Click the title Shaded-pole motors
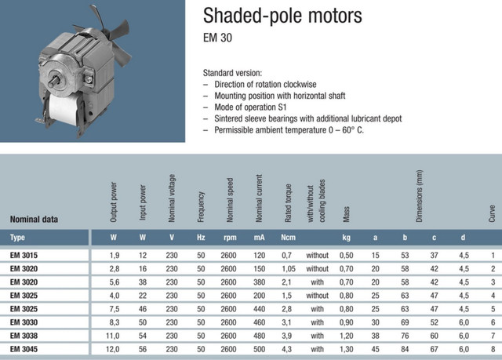282,16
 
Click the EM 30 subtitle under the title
217,38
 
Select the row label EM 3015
24,256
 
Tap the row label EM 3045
24,349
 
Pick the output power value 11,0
113,336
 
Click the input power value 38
143,282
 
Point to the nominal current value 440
260,309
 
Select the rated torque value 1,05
289,269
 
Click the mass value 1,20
347,336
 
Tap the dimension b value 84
405,349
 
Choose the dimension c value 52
434,322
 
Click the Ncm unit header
288,238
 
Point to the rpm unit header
230,238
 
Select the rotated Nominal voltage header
172,198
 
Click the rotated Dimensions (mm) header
419,196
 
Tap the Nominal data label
34,220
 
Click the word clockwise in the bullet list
300,85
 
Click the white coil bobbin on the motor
64,110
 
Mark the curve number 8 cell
493,349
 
